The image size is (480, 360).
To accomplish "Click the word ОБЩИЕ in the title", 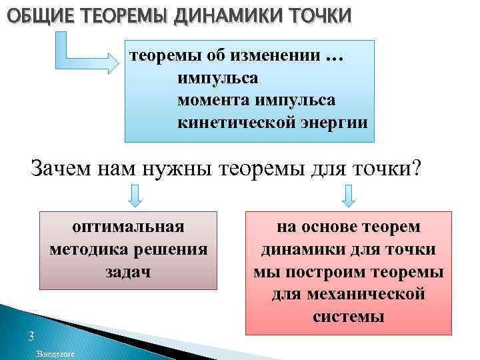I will point(31,13).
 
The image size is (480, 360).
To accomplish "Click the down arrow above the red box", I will point(348,196).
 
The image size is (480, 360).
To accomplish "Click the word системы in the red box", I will point(348,315).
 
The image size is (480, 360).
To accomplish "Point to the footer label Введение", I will point(56,353).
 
